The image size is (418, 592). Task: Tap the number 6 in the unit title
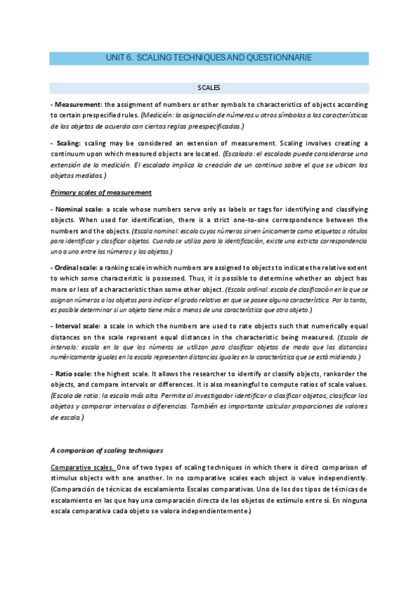point(129,58)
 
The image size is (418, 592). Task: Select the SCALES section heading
point(209,88)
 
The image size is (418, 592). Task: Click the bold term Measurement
point(78,104)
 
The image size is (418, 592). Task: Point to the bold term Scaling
point(67,142)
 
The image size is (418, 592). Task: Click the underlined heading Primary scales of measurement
point(102,192)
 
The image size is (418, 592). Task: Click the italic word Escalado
point(240,153)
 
